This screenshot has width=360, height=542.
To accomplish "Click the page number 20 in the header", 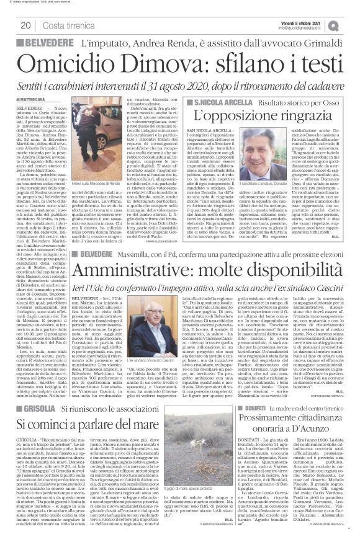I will coord(25,25).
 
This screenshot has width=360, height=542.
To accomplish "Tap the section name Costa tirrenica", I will coord(67,25).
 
